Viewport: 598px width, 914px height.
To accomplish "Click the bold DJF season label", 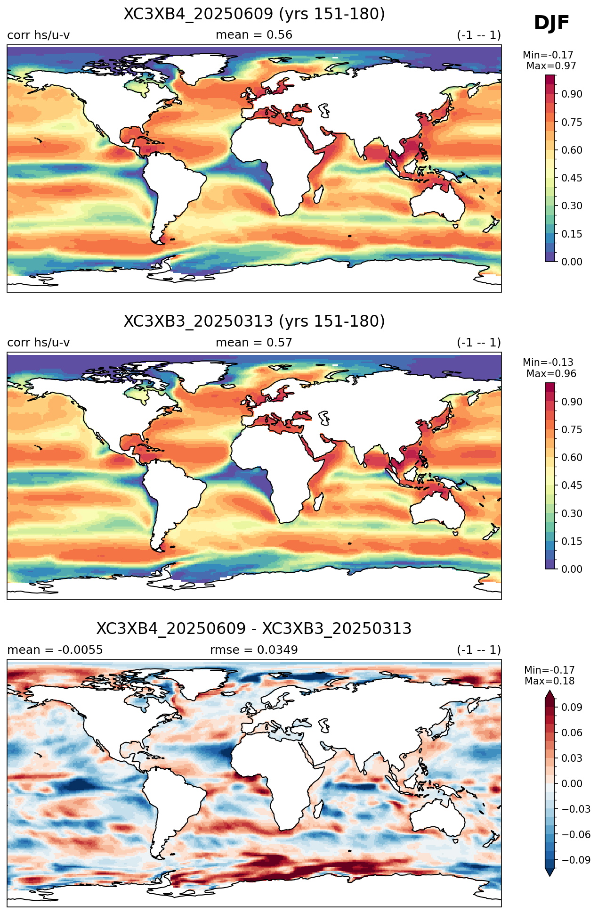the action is click(551, 23).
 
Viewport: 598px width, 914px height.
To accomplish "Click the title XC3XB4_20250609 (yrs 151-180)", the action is click(254, 14).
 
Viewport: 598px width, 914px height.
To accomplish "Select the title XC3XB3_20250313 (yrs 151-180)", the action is click(254, 321).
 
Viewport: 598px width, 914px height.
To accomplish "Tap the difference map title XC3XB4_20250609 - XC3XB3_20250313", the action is click(254, 629).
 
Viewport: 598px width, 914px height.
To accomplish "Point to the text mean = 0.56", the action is click(254, 35).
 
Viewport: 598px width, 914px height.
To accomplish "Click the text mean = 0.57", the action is click(254, 343).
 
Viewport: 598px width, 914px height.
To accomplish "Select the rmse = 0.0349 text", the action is click(254, 650).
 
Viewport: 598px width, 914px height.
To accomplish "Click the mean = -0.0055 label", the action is click(55, 650).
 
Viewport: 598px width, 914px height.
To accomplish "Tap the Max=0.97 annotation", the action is click(551, 66).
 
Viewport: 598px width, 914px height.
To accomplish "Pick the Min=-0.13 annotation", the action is click(548, 362).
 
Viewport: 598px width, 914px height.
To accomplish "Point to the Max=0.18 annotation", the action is click(550, 681).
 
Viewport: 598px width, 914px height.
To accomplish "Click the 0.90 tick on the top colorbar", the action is click(572, 94).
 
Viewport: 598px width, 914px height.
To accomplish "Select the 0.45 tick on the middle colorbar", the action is click(572, 486).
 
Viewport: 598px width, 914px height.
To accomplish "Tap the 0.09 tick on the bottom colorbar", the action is click(572, 707).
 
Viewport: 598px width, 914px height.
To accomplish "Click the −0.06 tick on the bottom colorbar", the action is click(575, 834).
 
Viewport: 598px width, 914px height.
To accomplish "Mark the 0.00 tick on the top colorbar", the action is click(572, 262).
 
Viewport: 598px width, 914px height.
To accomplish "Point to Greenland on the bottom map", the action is click(188, 683).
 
